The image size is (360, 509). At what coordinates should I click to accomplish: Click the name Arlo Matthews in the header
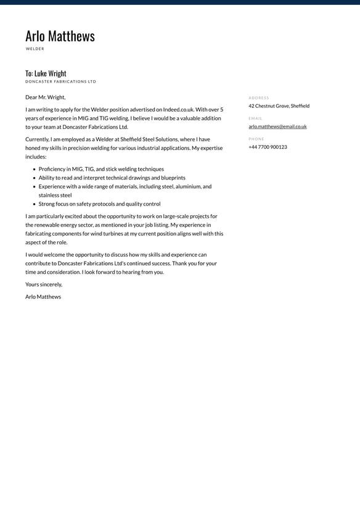pos(60,36)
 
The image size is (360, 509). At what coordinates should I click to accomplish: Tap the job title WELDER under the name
pos(35,49)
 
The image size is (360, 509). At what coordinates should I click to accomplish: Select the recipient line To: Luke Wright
pos(46,73)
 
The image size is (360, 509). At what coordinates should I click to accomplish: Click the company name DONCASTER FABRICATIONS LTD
pos(60,81)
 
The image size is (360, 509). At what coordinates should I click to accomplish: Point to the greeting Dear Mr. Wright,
pos(45,97)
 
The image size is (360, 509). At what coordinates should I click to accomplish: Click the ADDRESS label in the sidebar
pos(259,97)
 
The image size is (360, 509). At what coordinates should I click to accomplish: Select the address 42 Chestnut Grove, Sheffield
pos(279,106)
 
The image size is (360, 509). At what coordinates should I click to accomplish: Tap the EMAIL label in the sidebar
pos(255,118)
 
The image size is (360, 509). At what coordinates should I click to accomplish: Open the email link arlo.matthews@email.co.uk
pos(277,126)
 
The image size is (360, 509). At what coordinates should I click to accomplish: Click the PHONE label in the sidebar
pos(256,139)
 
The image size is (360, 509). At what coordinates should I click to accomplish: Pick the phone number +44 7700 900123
pos(268,147)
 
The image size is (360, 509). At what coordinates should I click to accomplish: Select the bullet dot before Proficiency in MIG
pos(34,169)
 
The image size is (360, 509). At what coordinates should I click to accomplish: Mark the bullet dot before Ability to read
pos(34,178)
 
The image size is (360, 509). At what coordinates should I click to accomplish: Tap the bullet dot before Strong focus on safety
pos(34,204)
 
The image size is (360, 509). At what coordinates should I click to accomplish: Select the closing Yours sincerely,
pos(44,284)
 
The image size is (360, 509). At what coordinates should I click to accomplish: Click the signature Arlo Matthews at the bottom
pos(43,297)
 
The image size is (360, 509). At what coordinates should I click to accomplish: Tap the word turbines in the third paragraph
pos(116,234)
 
